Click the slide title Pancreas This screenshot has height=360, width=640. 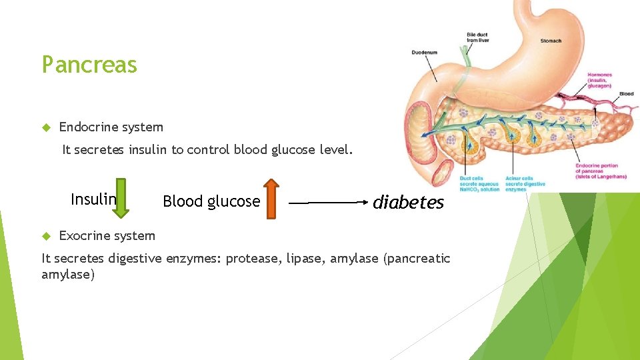coord(89,65)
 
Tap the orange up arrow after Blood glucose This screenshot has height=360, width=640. coord(270,197)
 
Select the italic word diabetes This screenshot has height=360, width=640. coord(408,203)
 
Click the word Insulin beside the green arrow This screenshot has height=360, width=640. coord(93,199)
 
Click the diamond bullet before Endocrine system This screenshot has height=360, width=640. coord(46,127)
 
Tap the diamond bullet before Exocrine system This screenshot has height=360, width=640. coord(46,235)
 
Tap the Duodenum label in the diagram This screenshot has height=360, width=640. coord(425,52)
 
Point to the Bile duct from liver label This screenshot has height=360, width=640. coord(477,37)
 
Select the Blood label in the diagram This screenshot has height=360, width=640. coord(626,94)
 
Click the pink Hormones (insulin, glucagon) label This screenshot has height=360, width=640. coord(599,80)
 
